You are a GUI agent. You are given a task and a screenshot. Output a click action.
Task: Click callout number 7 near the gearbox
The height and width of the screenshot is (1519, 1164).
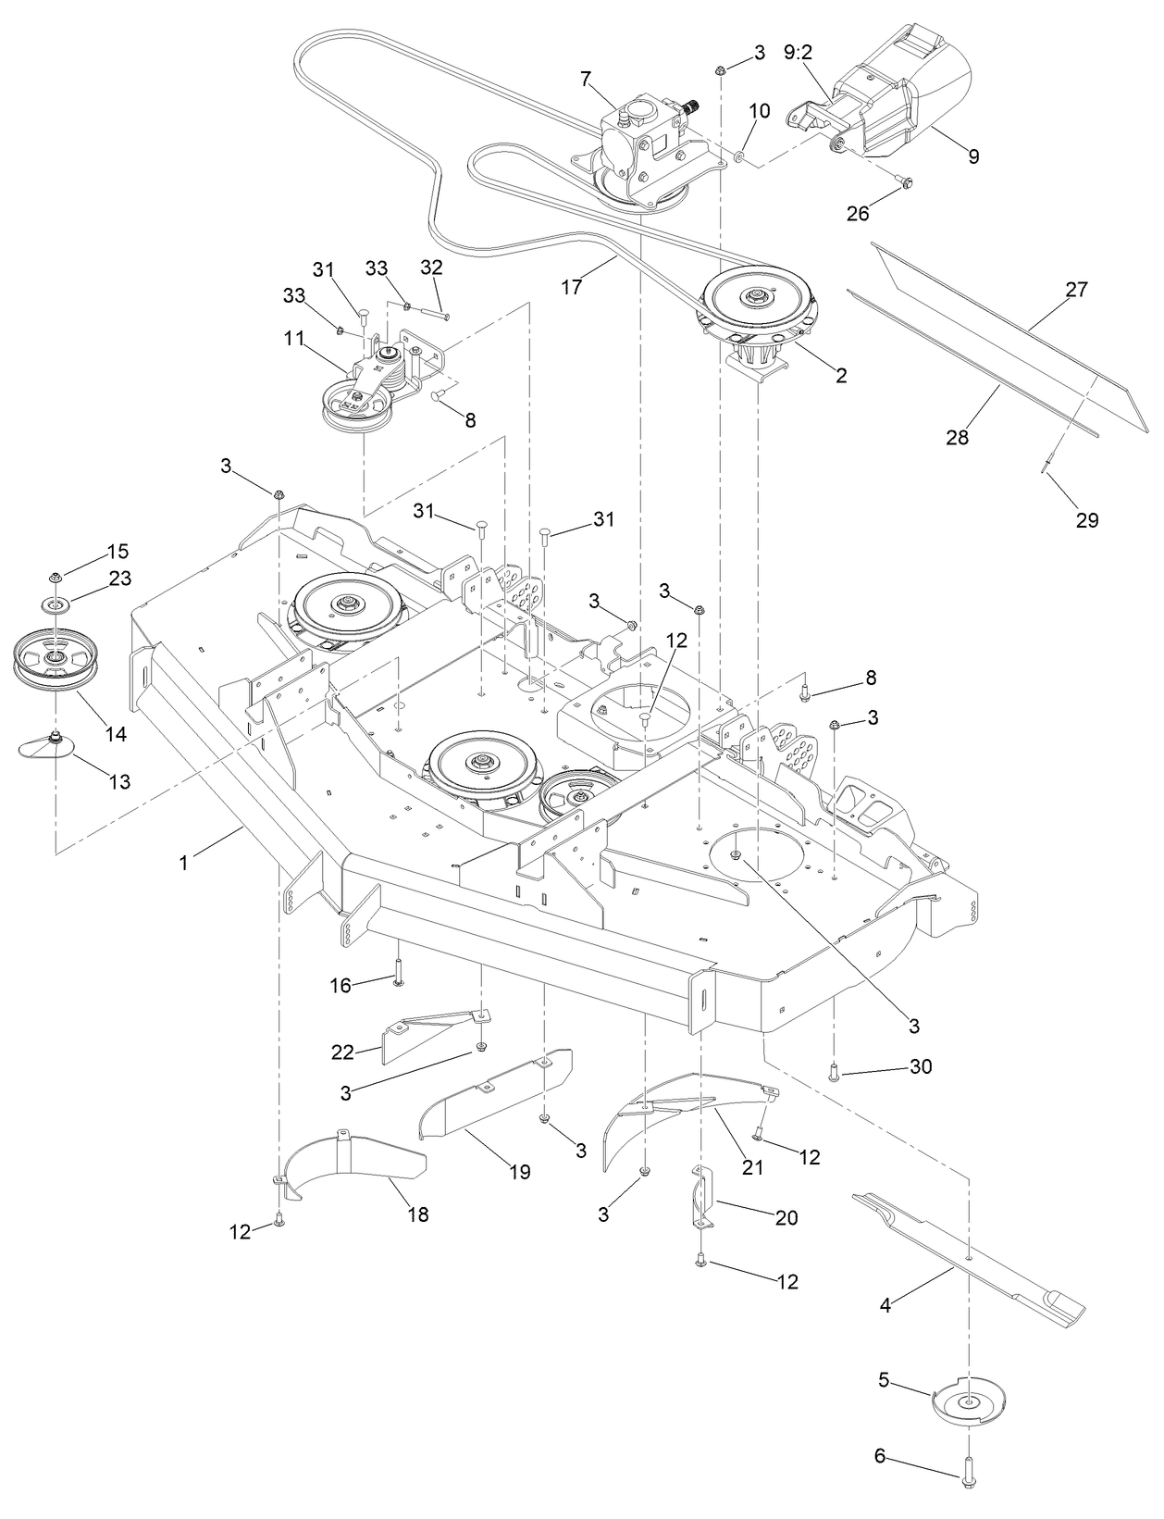[585, 79]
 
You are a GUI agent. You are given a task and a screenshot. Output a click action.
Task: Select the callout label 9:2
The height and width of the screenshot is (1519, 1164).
[798, 53]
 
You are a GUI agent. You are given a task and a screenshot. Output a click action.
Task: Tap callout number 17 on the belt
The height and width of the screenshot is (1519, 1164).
[571, 287]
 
